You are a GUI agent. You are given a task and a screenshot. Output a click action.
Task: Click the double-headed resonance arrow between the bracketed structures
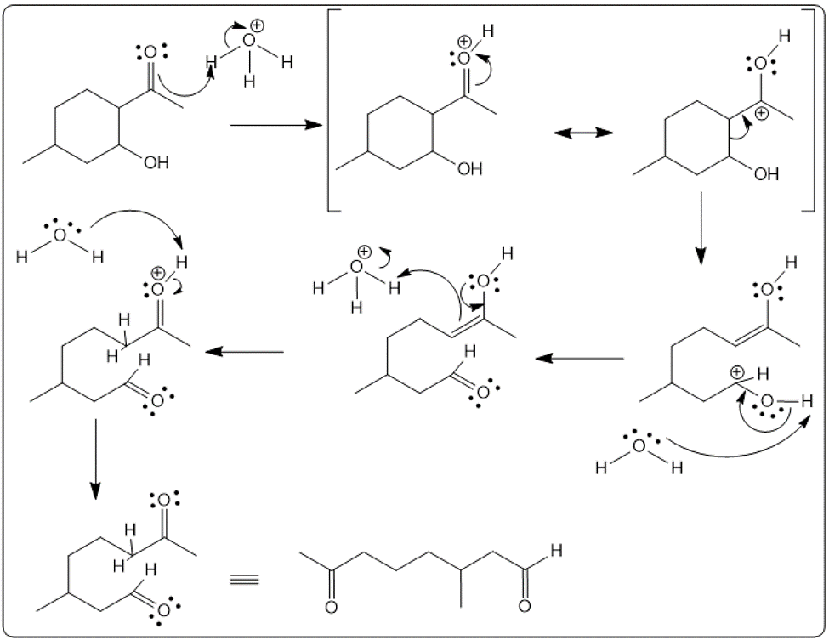(583, 133)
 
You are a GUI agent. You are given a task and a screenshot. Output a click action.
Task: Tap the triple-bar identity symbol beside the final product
(246, 581)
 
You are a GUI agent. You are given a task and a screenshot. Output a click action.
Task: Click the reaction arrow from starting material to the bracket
(276, 126)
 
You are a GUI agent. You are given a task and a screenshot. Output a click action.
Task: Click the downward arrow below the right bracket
(701, 227)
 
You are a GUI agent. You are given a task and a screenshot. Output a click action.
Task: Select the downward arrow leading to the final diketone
(95, 459)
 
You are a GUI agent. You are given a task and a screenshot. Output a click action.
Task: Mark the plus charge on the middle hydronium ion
(365, 252)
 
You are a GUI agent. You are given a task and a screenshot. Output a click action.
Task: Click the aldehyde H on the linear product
(556, 551)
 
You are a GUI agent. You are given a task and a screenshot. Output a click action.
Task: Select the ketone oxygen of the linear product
(331, 607)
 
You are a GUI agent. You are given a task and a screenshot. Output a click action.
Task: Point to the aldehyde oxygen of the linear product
(524, 607)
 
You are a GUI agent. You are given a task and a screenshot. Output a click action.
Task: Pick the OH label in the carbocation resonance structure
(765, 174)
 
